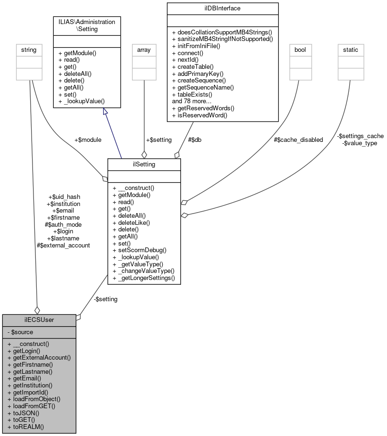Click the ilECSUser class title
[39, 320]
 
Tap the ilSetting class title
[144, 164]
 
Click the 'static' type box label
[351, 49]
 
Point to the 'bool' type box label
[300, 49]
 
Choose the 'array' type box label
[144, 49]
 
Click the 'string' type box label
[27, 49]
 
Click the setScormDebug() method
[140, 250]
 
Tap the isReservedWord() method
[200, 115]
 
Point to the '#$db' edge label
[195, 140]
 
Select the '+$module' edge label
[88, 140]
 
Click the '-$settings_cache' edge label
[360, 136]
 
